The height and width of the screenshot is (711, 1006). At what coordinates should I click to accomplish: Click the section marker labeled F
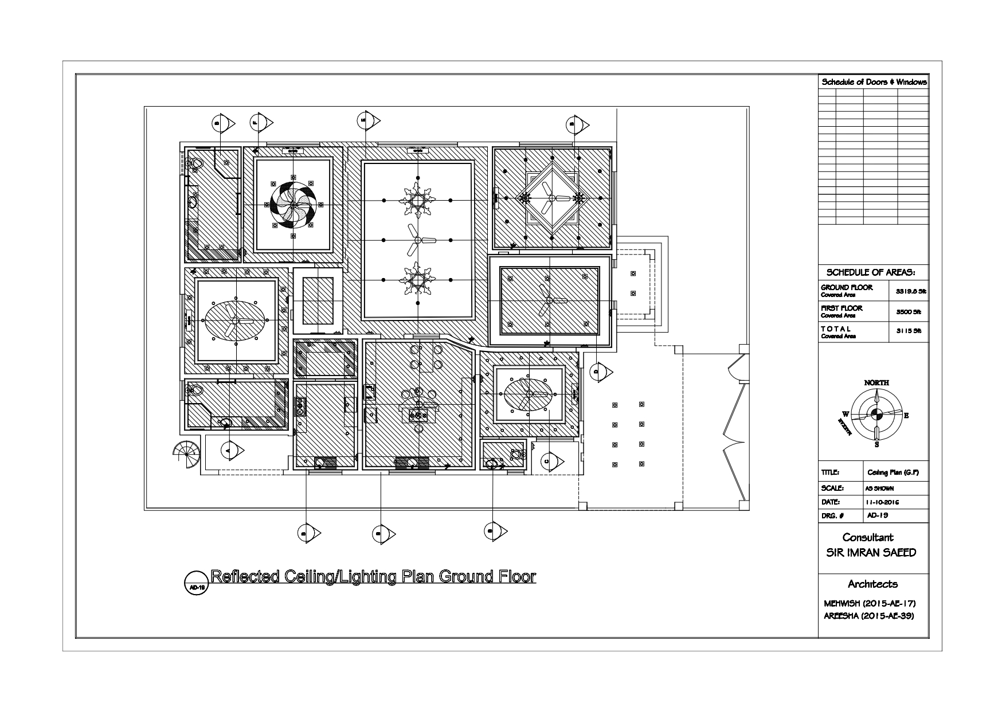tap(261, 122)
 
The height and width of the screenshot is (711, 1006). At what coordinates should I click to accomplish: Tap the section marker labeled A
tap(232, 451)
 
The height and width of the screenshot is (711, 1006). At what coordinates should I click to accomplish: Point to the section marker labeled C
tap(551, 460)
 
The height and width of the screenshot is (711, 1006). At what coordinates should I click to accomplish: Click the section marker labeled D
tap(601, 371)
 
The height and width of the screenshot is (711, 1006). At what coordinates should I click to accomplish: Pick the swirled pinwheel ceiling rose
tap(293, 204)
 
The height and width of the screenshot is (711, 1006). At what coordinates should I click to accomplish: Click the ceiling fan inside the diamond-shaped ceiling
tap(551, 198)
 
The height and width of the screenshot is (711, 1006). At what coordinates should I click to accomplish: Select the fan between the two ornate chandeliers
tap(418, 239)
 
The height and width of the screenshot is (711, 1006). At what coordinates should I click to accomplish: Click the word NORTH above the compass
tap(876, 382)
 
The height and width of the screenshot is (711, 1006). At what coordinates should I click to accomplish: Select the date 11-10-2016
tap(883, 502)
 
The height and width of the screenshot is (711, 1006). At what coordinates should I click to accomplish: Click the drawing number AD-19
tap(878, 515)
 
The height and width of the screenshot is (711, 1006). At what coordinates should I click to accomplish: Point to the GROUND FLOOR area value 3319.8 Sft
tap(910, 291)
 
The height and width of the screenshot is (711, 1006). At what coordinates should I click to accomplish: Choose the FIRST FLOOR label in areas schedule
tap(841, 308)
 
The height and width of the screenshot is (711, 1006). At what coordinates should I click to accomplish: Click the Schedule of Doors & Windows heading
tap(874, 82)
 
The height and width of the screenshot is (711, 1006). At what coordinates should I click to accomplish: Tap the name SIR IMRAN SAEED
tap(870, 553)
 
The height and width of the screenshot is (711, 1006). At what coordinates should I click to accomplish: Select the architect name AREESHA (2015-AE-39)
tap(868, 616)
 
